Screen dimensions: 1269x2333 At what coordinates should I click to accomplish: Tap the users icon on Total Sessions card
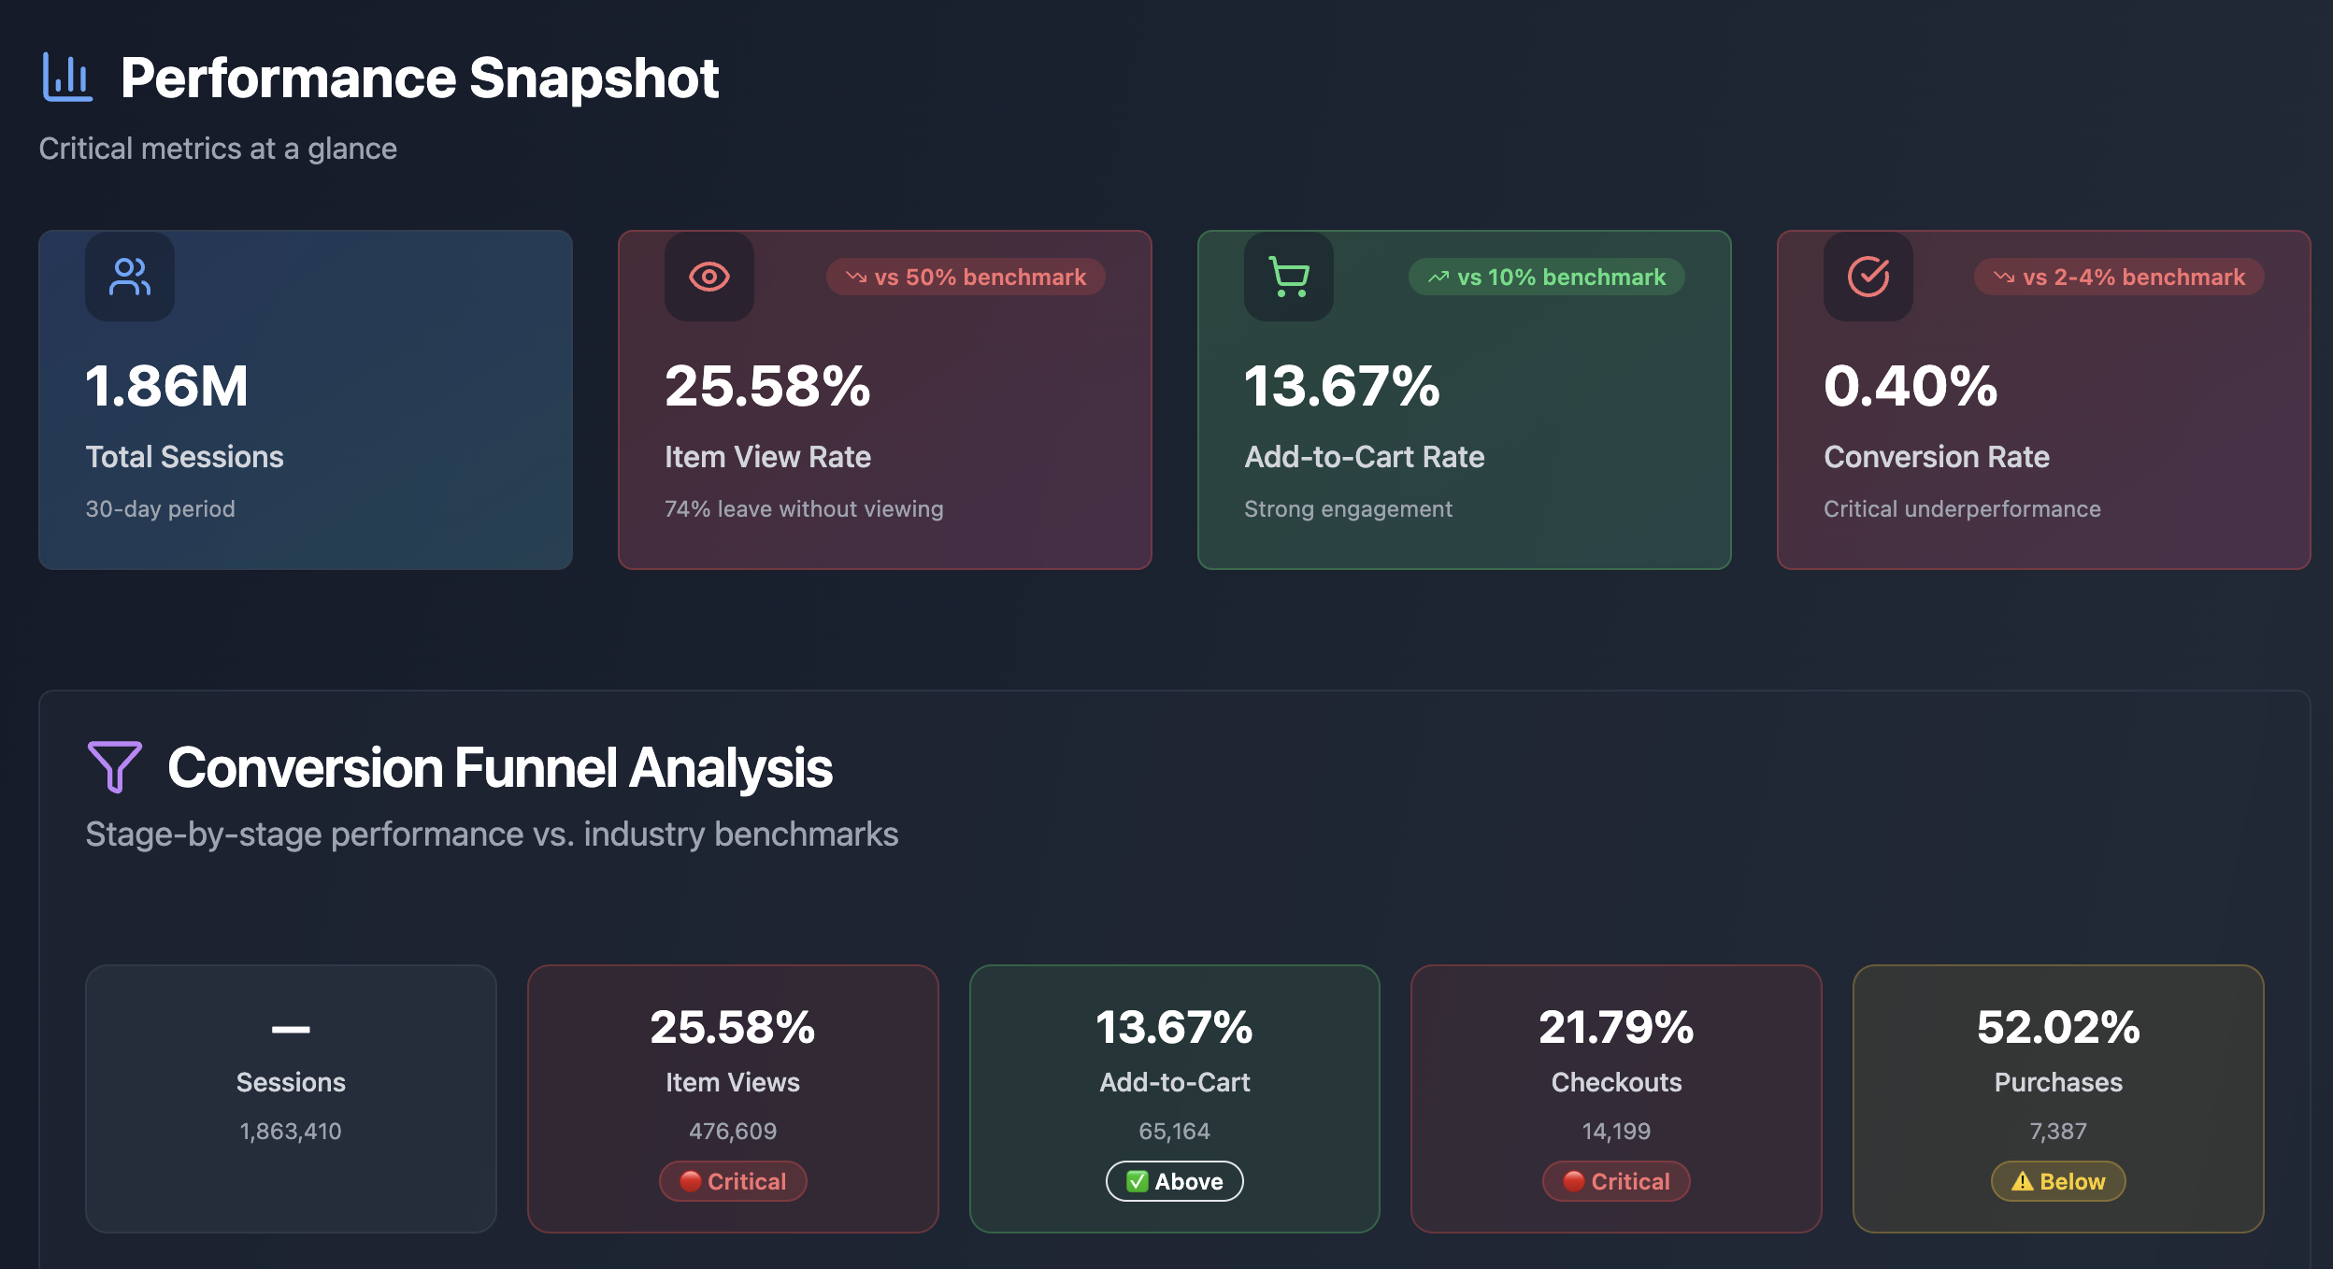pyautogui.click(x=129, y=277)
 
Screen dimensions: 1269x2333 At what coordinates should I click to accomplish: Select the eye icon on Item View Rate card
pyautogui.click(x=708, y=277)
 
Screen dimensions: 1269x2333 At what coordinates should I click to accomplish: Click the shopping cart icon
pyautogui.click(x=1288, y=277)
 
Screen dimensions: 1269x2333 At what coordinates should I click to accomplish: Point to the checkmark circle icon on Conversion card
pyautogui.click(x=1868, y=277)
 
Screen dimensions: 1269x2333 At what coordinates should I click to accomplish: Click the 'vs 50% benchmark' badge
pyautogui.click(x=966, y=277)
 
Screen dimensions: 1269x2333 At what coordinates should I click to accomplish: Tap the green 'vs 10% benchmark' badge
pyautogui.click(x=1546, y=277)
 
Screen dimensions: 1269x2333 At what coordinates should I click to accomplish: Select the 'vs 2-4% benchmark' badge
pyautogui.click(x=2118, y=277)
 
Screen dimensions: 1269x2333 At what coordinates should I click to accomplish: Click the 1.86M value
pyautogui.click(x=167, y=386)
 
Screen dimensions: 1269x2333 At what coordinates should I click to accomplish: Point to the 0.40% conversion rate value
pyautogui.click(x=1911, y=386)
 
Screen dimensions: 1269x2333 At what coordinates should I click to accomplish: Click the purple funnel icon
pyautogui.click(x=114, y=766)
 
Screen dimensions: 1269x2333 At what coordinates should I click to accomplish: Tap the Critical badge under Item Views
pyautogui.click(x=733, y=1181)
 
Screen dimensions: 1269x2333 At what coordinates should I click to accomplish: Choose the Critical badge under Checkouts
pyautogui.click(x=1616, y=1181)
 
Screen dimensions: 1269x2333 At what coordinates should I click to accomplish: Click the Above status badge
pyautogui.click(x=1174, y=1181)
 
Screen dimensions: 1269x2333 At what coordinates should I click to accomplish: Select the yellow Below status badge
pyautogui.click(x=2058, y=1181)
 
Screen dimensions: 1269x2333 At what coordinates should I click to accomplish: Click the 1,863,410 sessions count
pyautogui.click(x=291, y=1131)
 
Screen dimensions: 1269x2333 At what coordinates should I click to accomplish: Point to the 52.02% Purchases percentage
pyautogui.click(x=2058, y=1027)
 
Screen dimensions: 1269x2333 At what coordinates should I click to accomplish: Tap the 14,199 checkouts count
pyautogui.click(x=1616, y=1131)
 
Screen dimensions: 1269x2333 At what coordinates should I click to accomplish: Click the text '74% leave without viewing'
pyautogui.click(x=804, y=508)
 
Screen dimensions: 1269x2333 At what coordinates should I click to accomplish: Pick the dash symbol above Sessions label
pyautogui.click(x=291, y=1029)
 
